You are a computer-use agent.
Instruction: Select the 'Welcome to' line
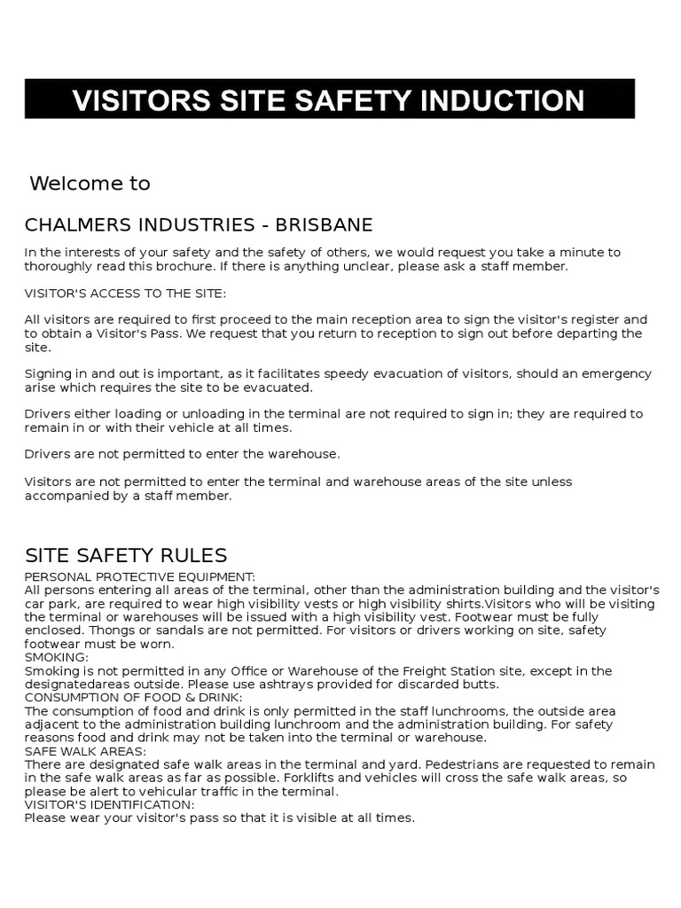click(x=90, y=184)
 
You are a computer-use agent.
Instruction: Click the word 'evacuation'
click(x=398, y=373)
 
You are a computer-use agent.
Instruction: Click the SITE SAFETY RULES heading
click(x=126, y=556)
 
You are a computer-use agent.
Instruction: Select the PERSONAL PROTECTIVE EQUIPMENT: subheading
click(x=140, y=576)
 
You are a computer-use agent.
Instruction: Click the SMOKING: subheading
click(x=57, y=657)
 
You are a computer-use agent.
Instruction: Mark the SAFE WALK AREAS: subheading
click(x=86, y=751)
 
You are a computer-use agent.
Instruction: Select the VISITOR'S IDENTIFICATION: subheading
click(x=109, y=804)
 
